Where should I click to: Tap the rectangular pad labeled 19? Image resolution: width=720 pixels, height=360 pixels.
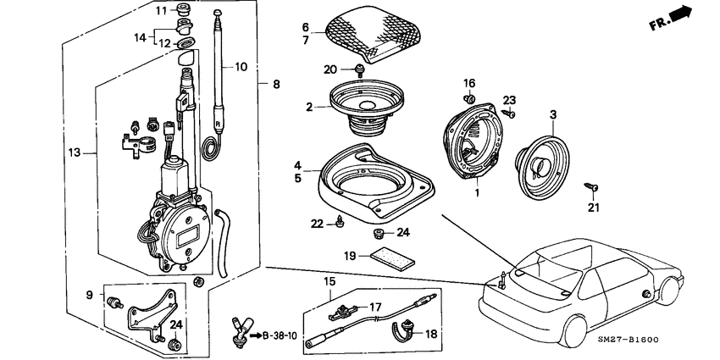point(394,258)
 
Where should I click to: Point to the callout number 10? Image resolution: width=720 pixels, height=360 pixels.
point(241,66)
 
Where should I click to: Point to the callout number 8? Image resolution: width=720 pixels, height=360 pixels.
point(274,84)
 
